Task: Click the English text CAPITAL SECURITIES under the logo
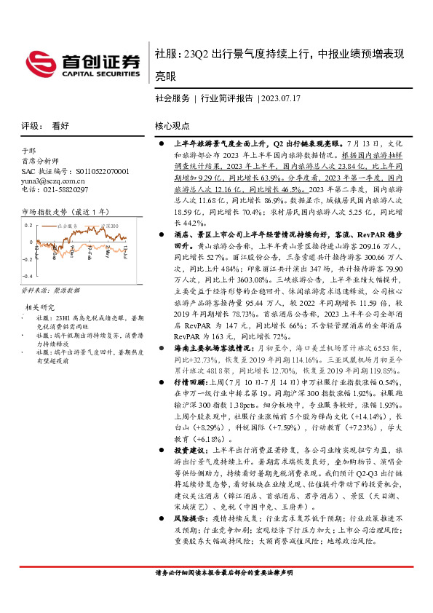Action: point(100,74)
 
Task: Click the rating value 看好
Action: point(60,125)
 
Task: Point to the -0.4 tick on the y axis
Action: point(29,277)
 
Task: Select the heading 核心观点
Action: point(173,125)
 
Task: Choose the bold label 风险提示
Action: point(186,521)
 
